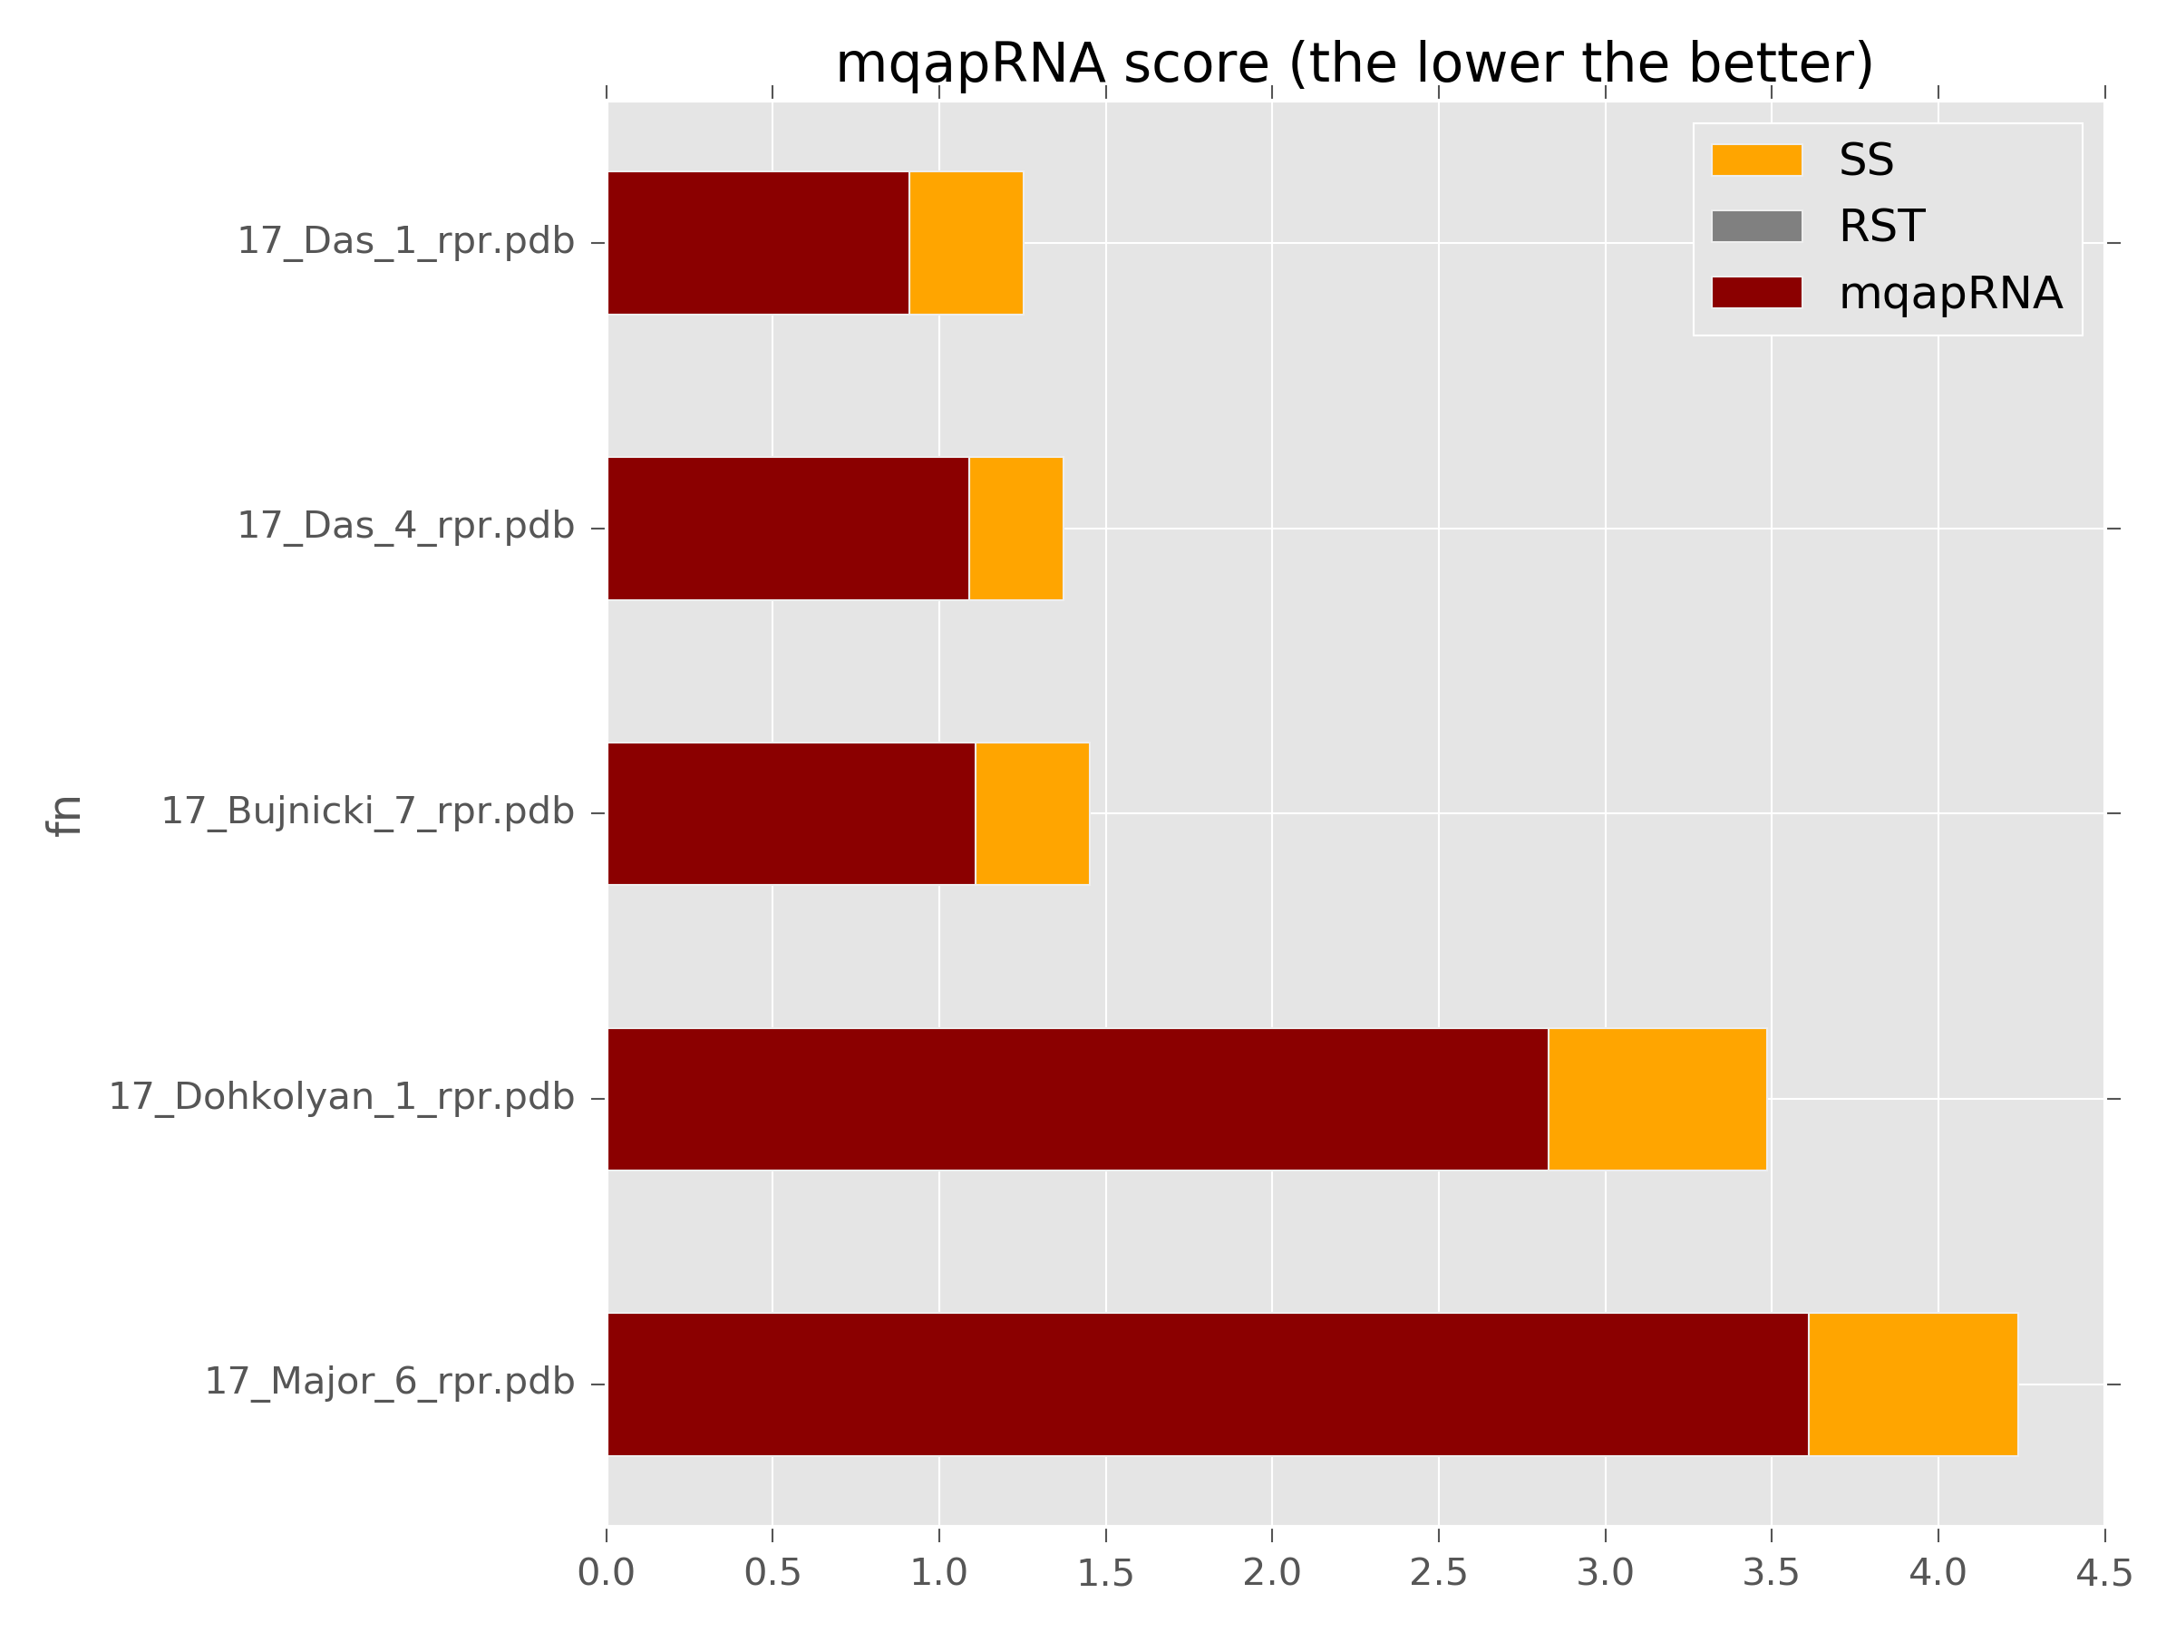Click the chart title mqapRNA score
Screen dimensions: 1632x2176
[x=1354, y=65]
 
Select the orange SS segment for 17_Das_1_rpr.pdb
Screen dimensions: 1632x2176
[x=965, y=243]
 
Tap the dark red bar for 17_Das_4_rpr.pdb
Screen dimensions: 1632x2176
[x=787, y=529]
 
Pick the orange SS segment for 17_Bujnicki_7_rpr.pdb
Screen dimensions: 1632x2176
[x=1032, y=813]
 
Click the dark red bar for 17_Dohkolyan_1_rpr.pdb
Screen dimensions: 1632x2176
[x=1077, y=1099]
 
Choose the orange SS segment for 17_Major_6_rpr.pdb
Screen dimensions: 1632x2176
[x=1912, y=1384]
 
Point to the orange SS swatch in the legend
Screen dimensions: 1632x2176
[x=1756, y=160]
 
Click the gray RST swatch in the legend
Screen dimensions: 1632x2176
[x=1756, y=227]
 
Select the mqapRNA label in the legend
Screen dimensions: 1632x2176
[x=1949, y=293]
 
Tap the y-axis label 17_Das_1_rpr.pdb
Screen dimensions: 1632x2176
[x=405, y=242]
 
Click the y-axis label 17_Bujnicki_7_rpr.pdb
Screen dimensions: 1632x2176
[x=367, y=812]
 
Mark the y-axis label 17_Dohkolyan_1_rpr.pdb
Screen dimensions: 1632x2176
[x=340, y=1098]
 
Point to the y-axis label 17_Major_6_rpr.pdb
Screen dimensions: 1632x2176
[x=389, y=1383]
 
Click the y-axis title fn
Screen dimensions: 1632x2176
[x=65, y=815]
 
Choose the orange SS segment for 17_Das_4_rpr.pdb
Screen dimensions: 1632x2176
[x=1015, y=529]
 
